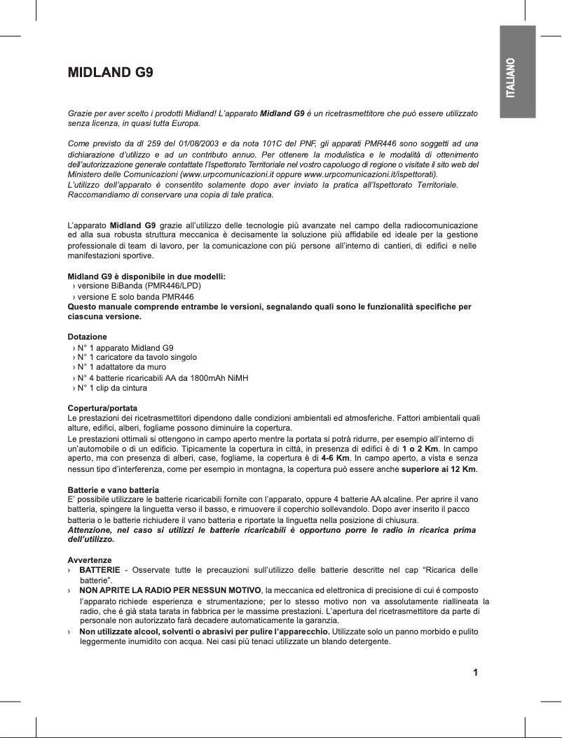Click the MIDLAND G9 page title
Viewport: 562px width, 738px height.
tap(110, 72)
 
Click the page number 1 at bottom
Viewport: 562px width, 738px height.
tap(476, 674)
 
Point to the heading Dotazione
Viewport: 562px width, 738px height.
tap(87, 337)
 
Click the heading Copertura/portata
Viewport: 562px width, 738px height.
tap(102, 408)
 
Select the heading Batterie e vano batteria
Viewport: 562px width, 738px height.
tap(113, 489)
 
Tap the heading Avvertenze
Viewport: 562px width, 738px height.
tap(89, 561)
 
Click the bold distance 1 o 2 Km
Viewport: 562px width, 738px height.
tap(420, 447)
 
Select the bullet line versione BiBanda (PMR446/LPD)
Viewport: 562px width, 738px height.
tap(139, 286)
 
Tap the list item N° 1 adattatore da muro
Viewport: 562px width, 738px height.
tap(121, 367)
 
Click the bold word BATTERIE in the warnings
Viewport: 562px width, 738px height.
tap(100, 571)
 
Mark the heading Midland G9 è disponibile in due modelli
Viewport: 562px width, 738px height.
tap(146, 277)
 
